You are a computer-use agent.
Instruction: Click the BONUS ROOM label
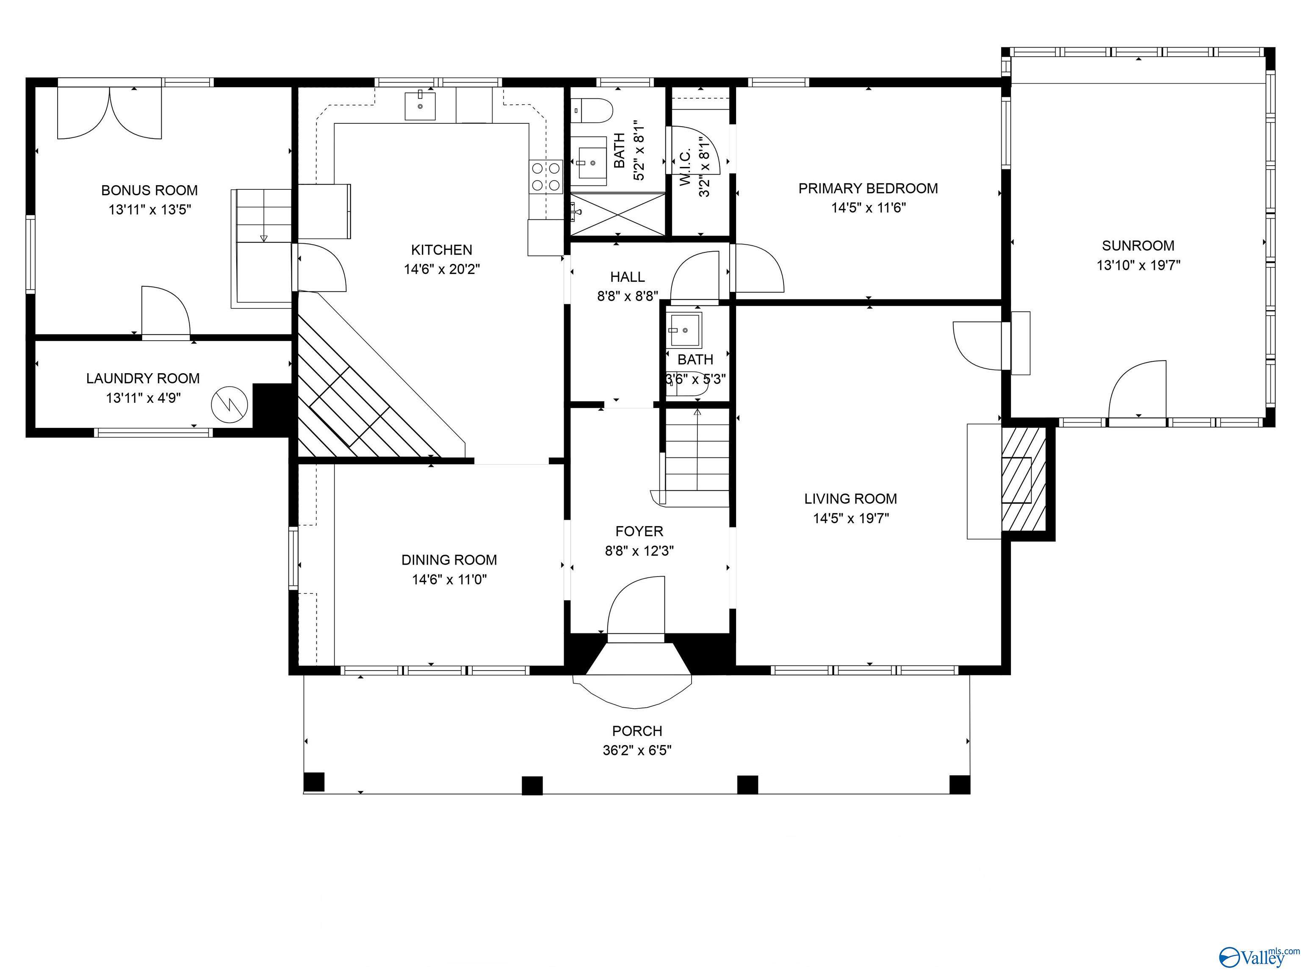(149, 190)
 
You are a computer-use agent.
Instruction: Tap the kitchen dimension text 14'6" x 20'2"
(442, 269)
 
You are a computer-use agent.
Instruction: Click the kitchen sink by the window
(420, 106)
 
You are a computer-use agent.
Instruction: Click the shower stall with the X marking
(617, 215)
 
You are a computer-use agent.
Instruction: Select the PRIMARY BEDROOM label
(868, 188)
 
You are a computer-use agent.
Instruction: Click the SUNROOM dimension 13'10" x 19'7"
(1138, 265)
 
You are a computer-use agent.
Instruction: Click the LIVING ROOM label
(850, 499)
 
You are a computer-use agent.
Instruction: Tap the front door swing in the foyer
(637, 606)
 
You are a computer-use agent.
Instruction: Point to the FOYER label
(639, 531)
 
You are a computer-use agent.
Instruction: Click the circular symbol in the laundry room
(230, 404)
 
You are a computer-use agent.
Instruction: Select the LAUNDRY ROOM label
(143, 378)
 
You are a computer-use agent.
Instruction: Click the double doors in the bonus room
(109, 113)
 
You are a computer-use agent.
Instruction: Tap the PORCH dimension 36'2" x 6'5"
(637, 751)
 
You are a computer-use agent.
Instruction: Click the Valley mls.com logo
(1258, 957)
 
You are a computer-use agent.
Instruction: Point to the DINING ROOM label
(449, 560)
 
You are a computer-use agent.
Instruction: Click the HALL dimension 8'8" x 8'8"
(628, 296)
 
